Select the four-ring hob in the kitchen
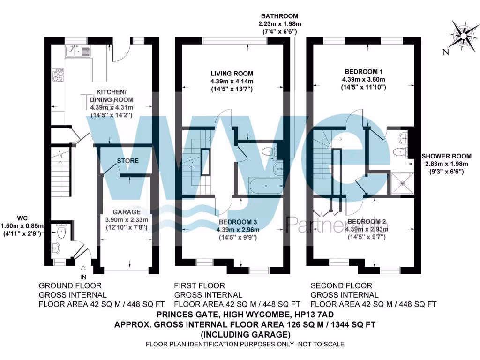coord(58,75)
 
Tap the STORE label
coord(127,161)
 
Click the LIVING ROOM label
coord(232,74)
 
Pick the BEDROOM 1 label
coord(364,71)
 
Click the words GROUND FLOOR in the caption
coord(69,285)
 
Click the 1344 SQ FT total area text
coord(350,324)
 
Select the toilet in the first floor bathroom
coord(269,151)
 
